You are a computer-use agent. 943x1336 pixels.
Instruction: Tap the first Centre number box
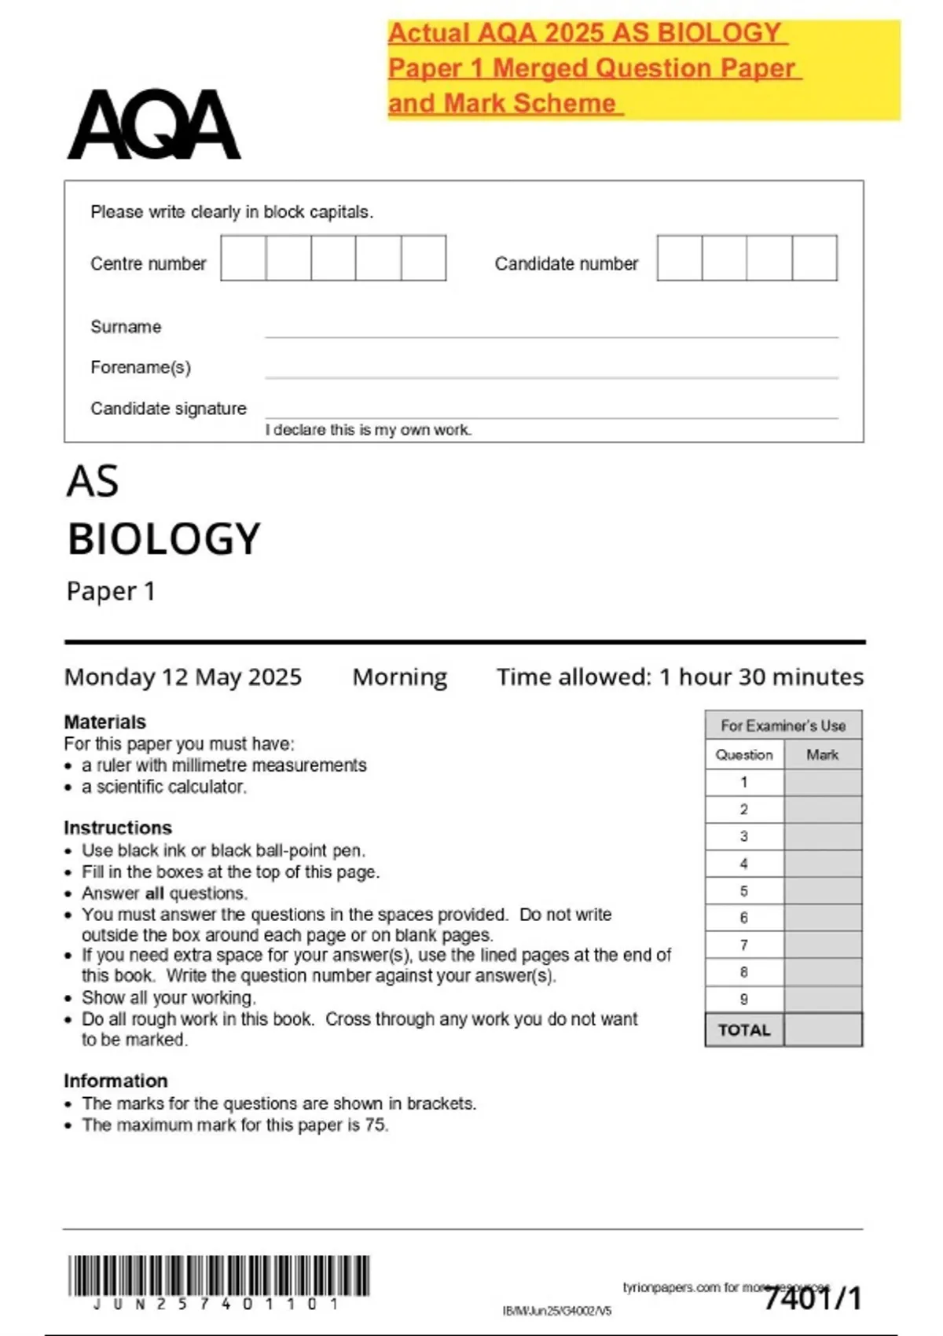[243, 258]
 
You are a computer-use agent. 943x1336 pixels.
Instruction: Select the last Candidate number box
[814, 258]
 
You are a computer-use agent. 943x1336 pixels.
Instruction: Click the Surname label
[126, 327]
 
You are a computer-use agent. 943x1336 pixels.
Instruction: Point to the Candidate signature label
[168, 409]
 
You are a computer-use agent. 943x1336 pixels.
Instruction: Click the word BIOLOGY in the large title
[163, 539]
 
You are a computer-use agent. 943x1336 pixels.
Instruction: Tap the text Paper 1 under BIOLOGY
[111, 591]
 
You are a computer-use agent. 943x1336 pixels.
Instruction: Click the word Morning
[399, 677]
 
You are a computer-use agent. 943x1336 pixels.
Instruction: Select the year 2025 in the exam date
[275, 677]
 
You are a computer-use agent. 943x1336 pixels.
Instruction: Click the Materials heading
[105, 721]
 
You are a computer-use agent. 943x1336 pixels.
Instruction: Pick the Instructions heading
[117, 828]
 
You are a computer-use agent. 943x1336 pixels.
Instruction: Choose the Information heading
[116, 1081]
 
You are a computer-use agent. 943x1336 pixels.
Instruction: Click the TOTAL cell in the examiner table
[744, 1030]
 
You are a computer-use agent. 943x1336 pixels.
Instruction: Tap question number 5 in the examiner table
[744, 891]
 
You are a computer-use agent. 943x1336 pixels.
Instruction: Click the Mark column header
[822, 754]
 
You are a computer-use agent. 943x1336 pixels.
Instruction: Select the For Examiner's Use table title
[783, 725]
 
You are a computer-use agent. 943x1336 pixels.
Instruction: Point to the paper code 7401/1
[813, 1298]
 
